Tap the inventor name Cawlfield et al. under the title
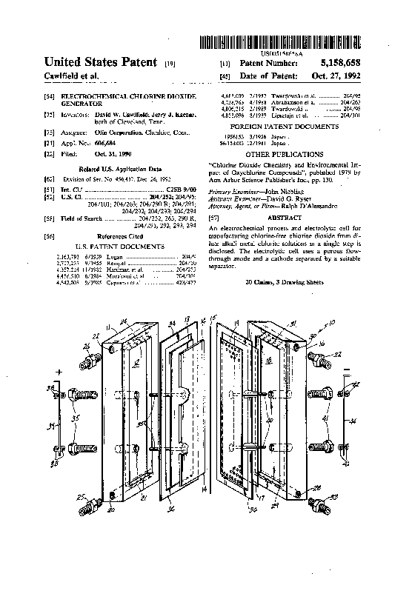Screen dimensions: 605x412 click(71, 77)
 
